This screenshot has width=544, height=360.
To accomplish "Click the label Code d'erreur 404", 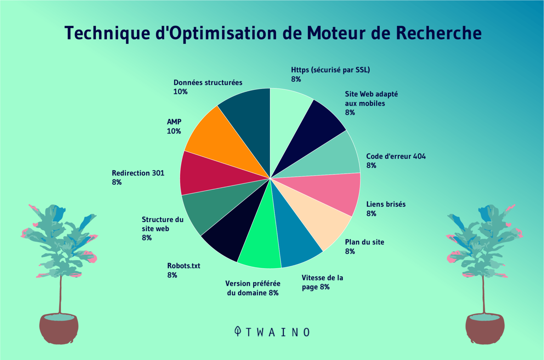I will click(x=396, y=156).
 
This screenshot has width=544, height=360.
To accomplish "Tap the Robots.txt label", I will click(x=183, y=266).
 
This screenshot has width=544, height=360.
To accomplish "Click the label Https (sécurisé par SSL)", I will click(x=330, y=70).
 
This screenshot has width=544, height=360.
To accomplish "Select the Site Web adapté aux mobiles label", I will click(x=371, y=99).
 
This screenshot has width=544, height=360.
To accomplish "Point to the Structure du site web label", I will click(x=162, y=224).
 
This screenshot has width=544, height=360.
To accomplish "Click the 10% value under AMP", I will click(x=174, y=131).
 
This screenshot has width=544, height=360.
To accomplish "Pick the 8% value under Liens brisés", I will click(x=371, y=213).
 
